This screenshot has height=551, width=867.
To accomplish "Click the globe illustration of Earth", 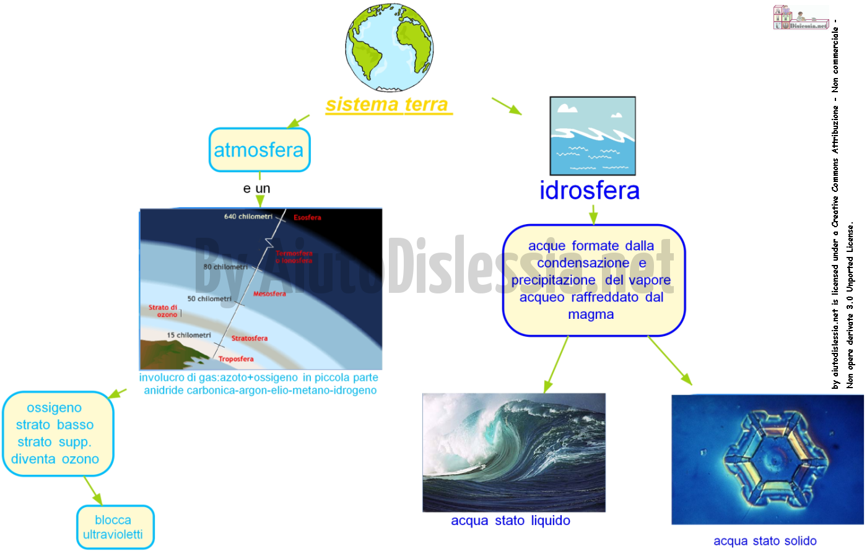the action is (390, 48).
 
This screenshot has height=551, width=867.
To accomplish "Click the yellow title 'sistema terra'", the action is (388, 105).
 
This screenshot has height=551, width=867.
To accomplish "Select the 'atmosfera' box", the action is (259, 150).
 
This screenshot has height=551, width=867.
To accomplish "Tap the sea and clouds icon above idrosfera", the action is (593, 136).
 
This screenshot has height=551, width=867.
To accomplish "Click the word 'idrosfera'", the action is (590, 191).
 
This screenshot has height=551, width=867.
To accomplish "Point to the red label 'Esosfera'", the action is (307, 217).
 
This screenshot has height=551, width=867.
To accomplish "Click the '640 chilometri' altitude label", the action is (248, 216).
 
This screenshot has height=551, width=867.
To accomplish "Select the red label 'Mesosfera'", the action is (269, 293).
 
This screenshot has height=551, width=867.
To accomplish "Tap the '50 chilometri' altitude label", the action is (209, 298).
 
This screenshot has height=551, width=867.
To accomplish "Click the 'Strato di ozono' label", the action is (163, 311).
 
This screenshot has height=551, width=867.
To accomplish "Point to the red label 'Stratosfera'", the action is (249, 338).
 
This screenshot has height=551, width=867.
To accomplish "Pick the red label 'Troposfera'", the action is (236, 359).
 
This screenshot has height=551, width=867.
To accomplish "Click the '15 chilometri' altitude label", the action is (189, 335).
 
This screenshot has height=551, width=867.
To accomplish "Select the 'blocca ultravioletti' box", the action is (115, 527).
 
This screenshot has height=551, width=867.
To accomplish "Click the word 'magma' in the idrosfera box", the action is (591, 315).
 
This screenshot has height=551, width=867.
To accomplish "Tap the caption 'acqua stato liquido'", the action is (510, 521).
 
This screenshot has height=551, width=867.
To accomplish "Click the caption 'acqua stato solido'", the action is (765, 540).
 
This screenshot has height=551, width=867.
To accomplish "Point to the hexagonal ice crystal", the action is (775, 459).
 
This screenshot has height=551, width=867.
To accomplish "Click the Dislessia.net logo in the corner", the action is (801, 17).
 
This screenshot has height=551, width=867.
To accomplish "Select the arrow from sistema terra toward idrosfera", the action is (507, 106).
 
